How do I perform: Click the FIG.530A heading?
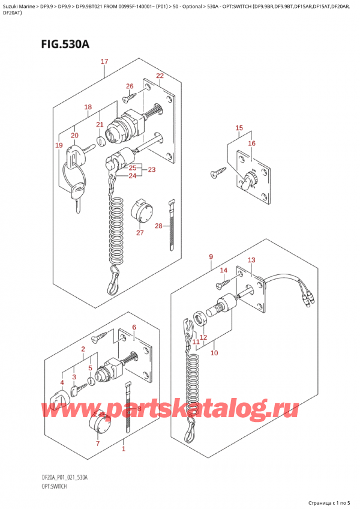(x=65, y=44)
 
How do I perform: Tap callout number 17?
(x=104, y=61)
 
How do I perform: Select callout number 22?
(x=160, y=76)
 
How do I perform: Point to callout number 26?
(x=130, y=86)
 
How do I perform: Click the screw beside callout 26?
(x=130, y=96)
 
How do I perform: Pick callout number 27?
(x=140, y=232)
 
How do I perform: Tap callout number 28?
(x=158, y=226)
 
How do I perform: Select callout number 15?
(x=239, y=128)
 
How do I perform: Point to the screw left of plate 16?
(x=218, y=172)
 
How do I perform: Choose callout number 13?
(x=251, y=260)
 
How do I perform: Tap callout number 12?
(x=203, y=337)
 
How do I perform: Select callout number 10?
(x=214, y=353)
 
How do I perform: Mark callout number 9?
(x=211, y=257)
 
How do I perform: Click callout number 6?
(x=134, y=327)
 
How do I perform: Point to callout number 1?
(x=124, y=449)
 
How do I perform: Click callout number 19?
(x=59, y=145)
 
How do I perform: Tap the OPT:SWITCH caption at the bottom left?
(x=54, y=486)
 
